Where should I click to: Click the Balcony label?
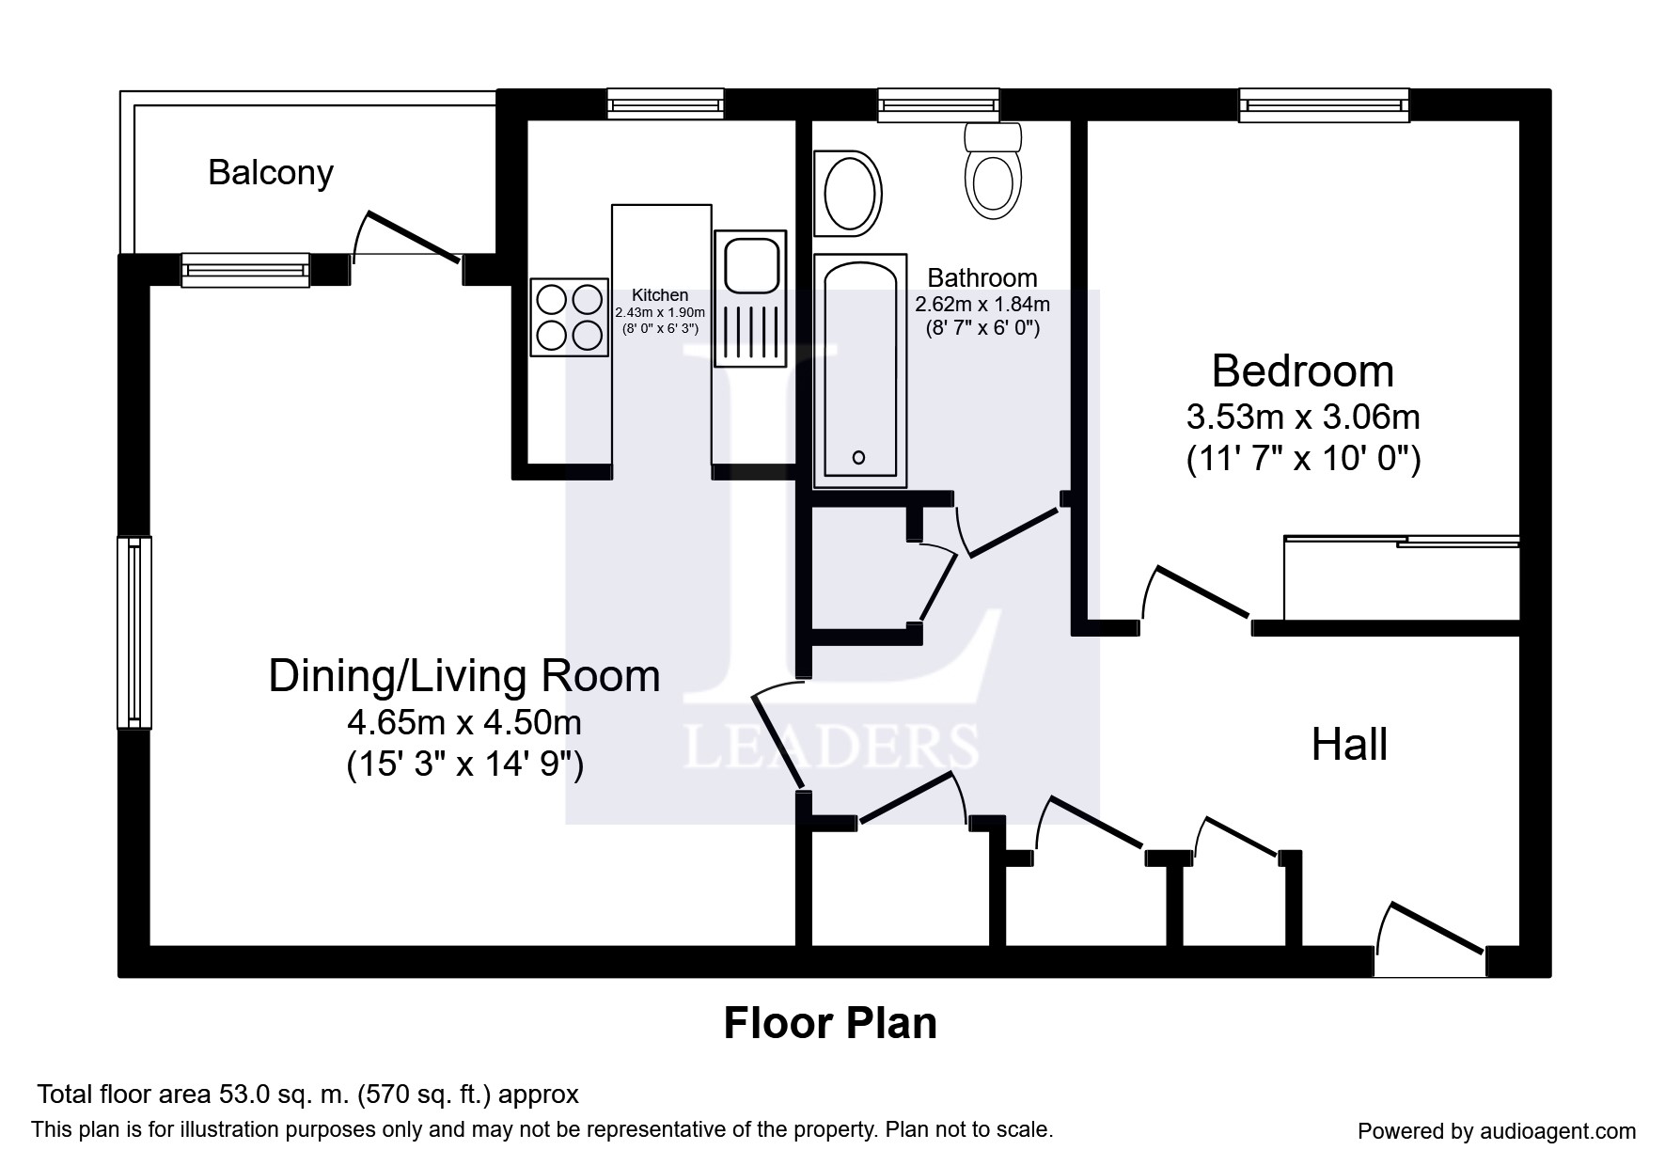point(271,174)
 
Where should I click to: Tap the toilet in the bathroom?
point(994,170)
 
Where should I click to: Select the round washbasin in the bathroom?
point(851,194)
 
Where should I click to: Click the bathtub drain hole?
point(858,458)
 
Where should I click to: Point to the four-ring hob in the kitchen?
point(570,317)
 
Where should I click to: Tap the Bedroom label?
point(1302,371)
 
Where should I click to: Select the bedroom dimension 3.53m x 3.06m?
point(1303,416)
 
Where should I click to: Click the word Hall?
point(1349,745)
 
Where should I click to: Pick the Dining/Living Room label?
point(464,677)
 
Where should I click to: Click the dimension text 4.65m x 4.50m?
point(464,723)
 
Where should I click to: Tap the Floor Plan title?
point(830,1023)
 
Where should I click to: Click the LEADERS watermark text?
point(831,748)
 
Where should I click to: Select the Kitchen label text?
point(660,295)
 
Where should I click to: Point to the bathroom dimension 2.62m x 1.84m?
point(982,305)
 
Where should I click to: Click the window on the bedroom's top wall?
point(1324,105)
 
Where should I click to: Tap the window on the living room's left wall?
point(134,633)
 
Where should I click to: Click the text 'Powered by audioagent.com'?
point(1497,1131)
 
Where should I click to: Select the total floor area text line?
point(307,1095)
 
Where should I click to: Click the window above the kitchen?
point(666,103)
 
